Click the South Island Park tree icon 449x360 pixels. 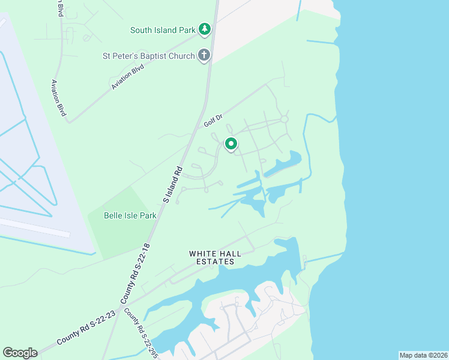point(205,29)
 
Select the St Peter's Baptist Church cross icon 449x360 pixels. point(204,56)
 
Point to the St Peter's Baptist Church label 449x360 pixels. point(148,56)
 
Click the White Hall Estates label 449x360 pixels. point(215,257)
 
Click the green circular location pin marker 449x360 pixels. point(231,144)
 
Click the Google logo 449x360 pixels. point(20,353)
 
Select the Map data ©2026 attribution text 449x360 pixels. point(423,355)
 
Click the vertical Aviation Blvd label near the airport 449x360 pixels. point(59,98)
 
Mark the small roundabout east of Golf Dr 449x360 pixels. point(284,119)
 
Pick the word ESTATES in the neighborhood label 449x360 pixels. point(215,262)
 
